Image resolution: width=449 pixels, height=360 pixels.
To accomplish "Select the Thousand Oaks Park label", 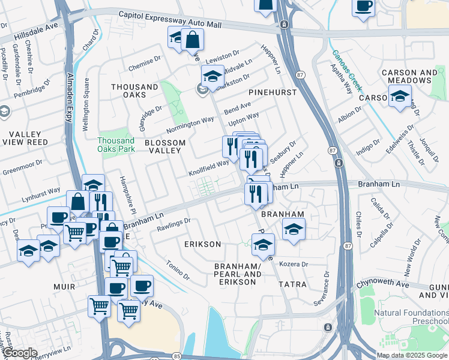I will click(116, 145).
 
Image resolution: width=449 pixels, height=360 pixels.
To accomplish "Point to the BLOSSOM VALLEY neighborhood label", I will click(165, 148).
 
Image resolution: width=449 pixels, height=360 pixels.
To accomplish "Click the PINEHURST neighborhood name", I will click(273, 93).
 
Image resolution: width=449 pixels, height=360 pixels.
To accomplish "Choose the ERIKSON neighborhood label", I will click(203, 244).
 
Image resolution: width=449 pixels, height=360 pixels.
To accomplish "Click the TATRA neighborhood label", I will click(292, 284).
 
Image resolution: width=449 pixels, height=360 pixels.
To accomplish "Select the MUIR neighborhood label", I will click(64, 287).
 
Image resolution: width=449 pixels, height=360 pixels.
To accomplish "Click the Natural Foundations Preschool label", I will click(411, 317).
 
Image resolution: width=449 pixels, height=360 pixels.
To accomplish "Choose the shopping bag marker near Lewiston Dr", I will click(192, 41).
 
